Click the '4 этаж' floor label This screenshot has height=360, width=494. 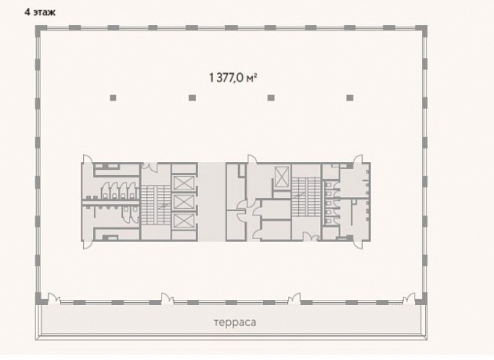pos(40,13)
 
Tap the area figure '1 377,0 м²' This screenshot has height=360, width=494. pos(232,78)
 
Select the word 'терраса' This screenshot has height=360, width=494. pos(235,323)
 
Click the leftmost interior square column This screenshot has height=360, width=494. pos(113,98)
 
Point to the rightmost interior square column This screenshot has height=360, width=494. pos(349,98)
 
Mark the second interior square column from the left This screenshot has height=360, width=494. pos(192,98)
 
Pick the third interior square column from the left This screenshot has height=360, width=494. pos(270,98)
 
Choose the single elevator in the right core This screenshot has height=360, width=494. pos(282,176)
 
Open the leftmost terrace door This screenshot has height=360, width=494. pos(54,299)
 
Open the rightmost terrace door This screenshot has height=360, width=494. pos(409,299)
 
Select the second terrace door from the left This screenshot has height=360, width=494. pos(167,299)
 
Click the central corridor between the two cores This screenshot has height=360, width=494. pos(211,202)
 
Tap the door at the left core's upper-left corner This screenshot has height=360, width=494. pos(87,159)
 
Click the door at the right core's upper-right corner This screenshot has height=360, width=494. pos(358,159)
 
